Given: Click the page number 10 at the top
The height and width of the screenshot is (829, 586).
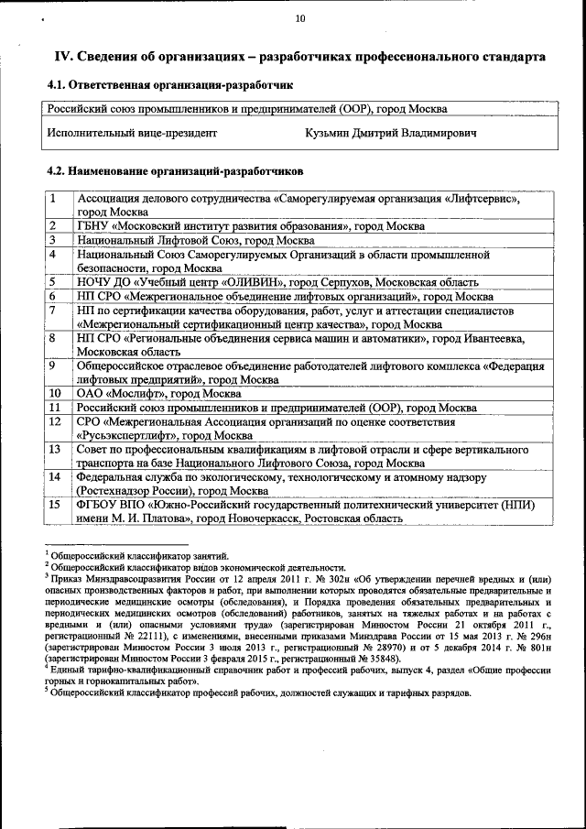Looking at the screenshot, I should (299, 18).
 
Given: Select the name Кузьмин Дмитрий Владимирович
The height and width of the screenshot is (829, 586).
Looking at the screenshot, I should (391, 133).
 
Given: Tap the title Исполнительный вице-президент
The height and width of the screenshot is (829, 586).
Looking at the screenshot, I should (132, 133).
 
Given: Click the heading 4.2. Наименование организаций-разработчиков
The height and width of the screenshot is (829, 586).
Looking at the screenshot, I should (174, 171).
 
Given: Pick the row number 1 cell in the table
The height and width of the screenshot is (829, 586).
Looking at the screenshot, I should (54, 198).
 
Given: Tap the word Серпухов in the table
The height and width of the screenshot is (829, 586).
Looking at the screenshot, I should (341, 282).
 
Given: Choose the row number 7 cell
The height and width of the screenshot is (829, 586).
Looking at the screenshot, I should (54, 311).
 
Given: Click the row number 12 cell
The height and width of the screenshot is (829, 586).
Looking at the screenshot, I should (55, 421).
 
